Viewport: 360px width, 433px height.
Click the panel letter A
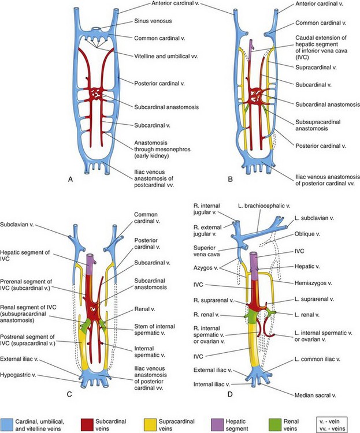70,180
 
